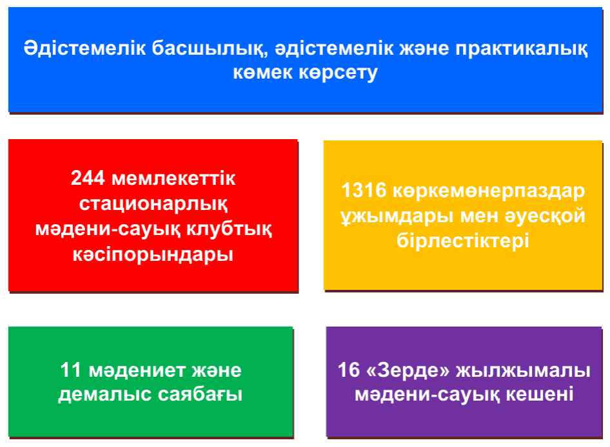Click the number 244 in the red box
coord(88,178)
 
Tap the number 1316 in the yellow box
coord(364,191)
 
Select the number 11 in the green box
coord(70,370)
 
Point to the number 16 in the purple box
coord(349,370)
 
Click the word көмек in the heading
coord(262,73)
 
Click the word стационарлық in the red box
coord(153,204)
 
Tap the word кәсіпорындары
coord(153,255)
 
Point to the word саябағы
coord(201,395)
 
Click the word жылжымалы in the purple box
coord(523,370)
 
